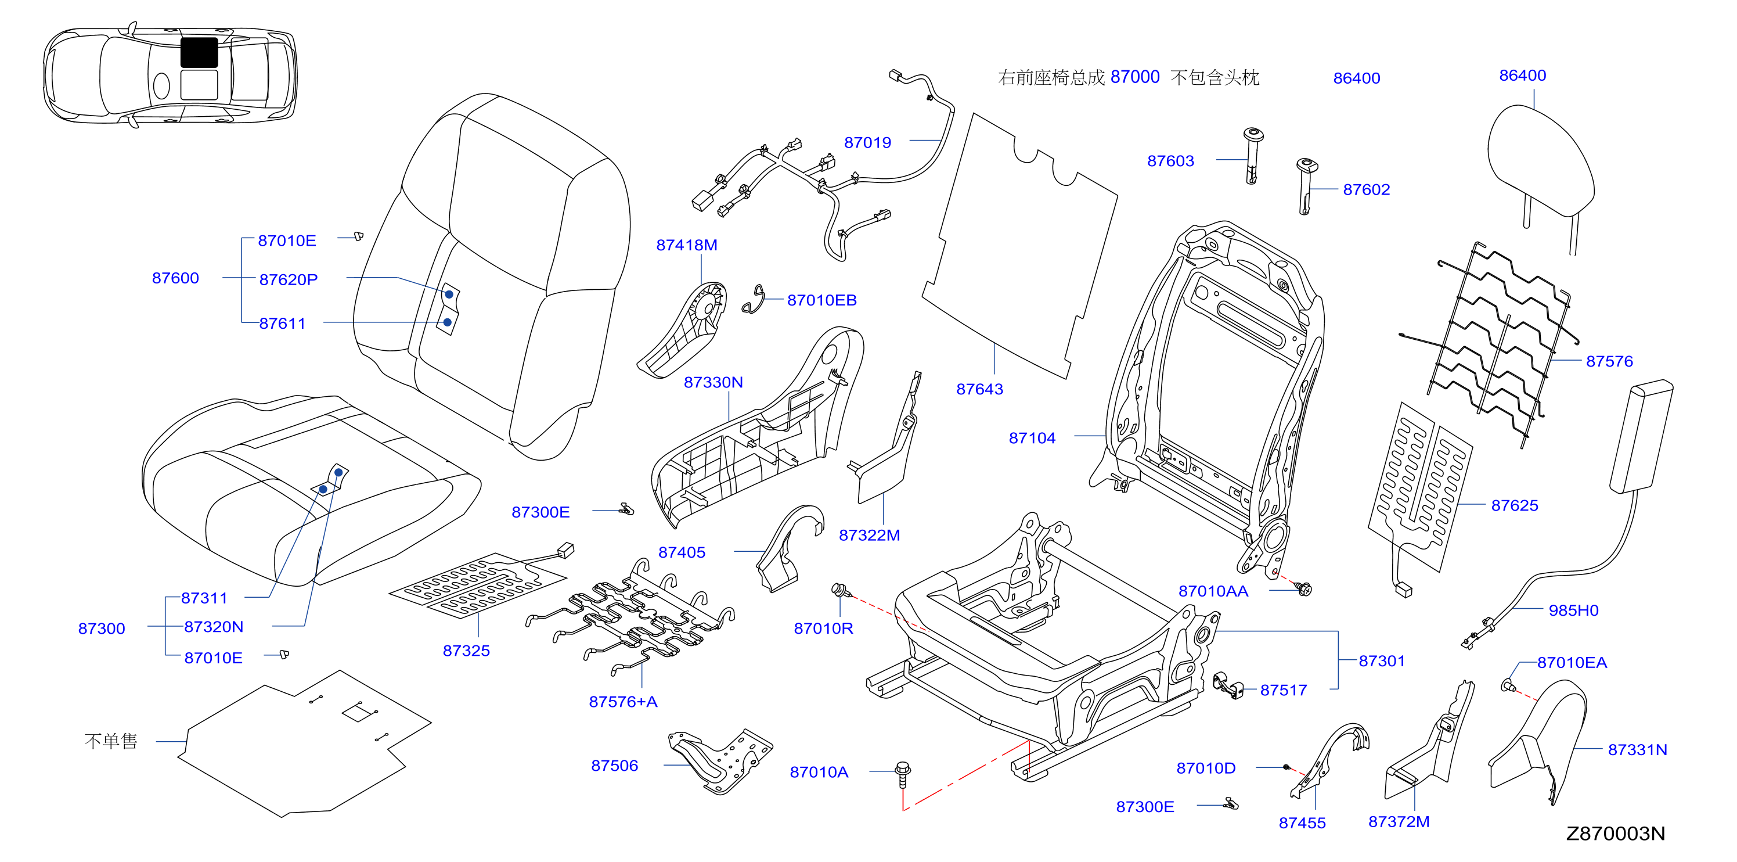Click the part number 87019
coord(867,142)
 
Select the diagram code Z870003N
coord(1615,834)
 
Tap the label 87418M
coord(686,245)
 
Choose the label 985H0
coord(1573,610)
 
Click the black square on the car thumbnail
coord(199,53)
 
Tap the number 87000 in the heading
coord(1135,77)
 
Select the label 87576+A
coord(623,702)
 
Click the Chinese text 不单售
coord(110,741)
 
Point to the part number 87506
coord(614,766)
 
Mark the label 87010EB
coord(821,300)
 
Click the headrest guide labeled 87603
coord(1252,156)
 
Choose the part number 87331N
coord(1637,749)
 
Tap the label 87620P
coord(288,279)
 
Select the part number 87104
coord(1032,438)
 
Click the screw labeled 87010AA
coord(1304,589)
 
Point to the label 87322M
coord(869,535)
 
